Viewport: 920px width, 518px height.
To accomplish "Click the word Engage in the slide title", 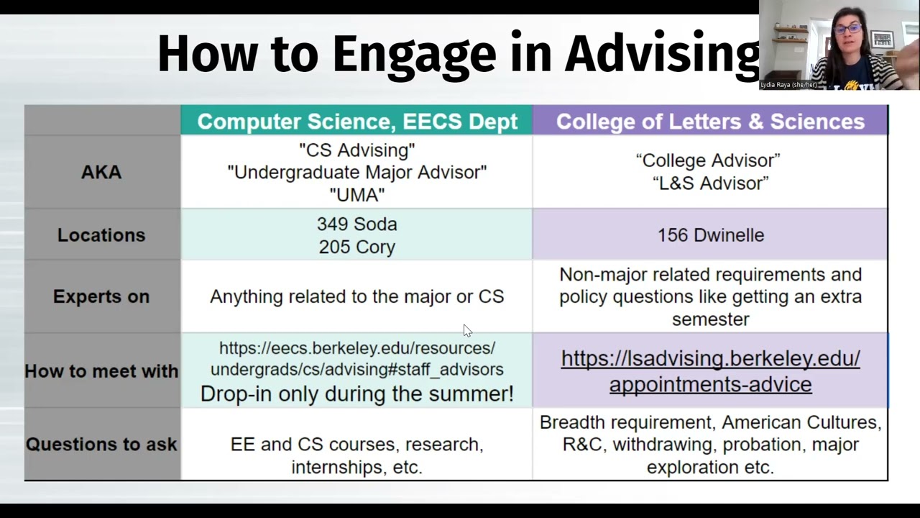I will click(413, 55).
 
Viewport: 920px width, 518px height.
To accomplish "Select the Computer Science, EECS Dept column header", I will click(357, 122).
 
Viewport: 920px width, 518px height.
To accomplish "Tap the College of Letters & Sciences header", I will click(710, 122).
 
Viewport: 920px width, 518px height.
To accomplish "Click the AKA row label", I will click(101, 172).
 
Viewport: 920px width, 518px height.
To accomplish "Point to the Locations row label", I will click(101, 235).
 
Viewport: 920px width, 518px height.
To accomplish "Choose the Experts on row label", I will click(101, 296).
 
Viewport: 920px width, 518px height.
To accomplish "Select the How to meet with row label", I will click(101, 371).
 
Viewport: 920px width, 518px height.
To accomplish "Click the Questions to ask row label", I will click(101, 445).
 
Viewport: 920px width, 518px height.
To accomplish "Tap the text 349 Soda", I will click(357, 224).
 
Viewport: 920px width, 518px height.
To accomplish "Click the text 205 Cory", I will click(357, 247).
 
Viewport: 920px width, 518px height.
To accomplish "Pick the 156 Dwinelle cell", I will click(710, 235).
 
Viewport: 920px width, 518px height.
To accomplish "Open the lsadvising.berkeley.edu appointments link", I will click(710, 371).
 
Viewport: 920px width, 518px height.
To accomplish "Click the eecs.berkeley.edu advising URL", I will click(357, 358).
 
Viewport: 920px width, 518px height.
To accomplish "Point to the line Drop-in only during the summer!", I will click(357, 394).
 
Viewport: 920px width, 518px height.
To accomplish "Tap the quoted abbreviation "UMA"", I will click(357, 194).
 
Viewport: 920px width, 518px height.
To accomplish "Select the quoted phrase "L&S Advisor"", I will click(710, 183).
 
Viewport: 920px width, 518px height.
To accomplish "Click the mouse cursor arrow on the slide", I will click(466, 330).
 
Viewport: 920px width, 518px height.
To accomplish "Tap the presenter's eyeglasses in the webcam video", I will click(849, 29).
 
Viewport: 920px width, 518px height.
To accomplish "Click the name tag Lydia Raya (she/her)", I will click(789, 85).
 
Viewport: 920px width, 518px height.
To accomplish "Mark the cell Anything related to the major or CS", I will click(357, 296).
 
